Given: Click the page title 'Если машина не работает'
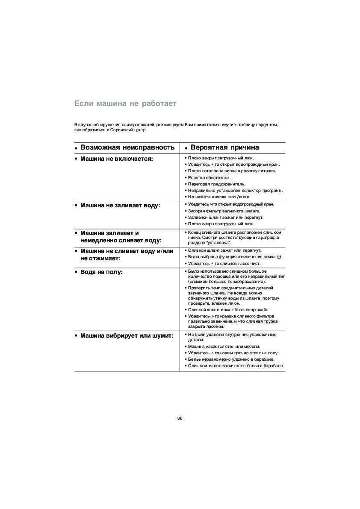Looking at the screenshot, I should coord(125,103).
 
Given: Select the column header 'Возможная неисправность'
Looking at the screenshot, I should coord(127,147).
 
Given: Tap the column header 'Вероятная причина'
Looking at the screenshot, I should coord(224,147).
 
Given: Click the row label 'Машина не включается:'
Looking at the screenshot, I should coord(116,159).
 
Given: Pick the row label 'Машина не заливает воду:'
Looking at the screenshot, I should coord(120,206).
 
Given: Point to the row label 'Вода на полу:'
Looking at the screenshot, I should coord(101,272).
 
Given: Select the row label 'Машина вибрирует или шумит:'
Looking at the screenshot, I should coord(127,335).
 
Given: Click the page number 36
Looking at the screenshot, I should coord(180,418).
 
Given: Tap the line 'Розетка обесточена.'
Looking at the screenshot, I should coord(209,177).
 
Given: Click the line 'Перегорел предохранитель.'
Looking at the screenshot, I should coord(215,184).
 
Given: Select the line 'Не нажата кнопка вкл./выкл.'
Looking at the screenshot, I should coord(219,197).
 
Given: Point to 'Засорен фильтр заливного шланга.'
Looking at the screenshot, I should coord(224,211).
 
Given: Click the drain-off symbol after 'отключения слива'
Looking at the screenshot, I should coord(279,257).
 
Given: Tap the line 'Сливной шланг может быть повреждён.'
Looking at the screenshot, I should coord(229,309).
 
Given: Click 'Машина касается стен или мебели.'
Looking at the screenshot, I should coord(224,346).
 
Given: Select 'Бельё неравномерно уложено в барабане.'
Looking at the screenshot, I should coord(231,359).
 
